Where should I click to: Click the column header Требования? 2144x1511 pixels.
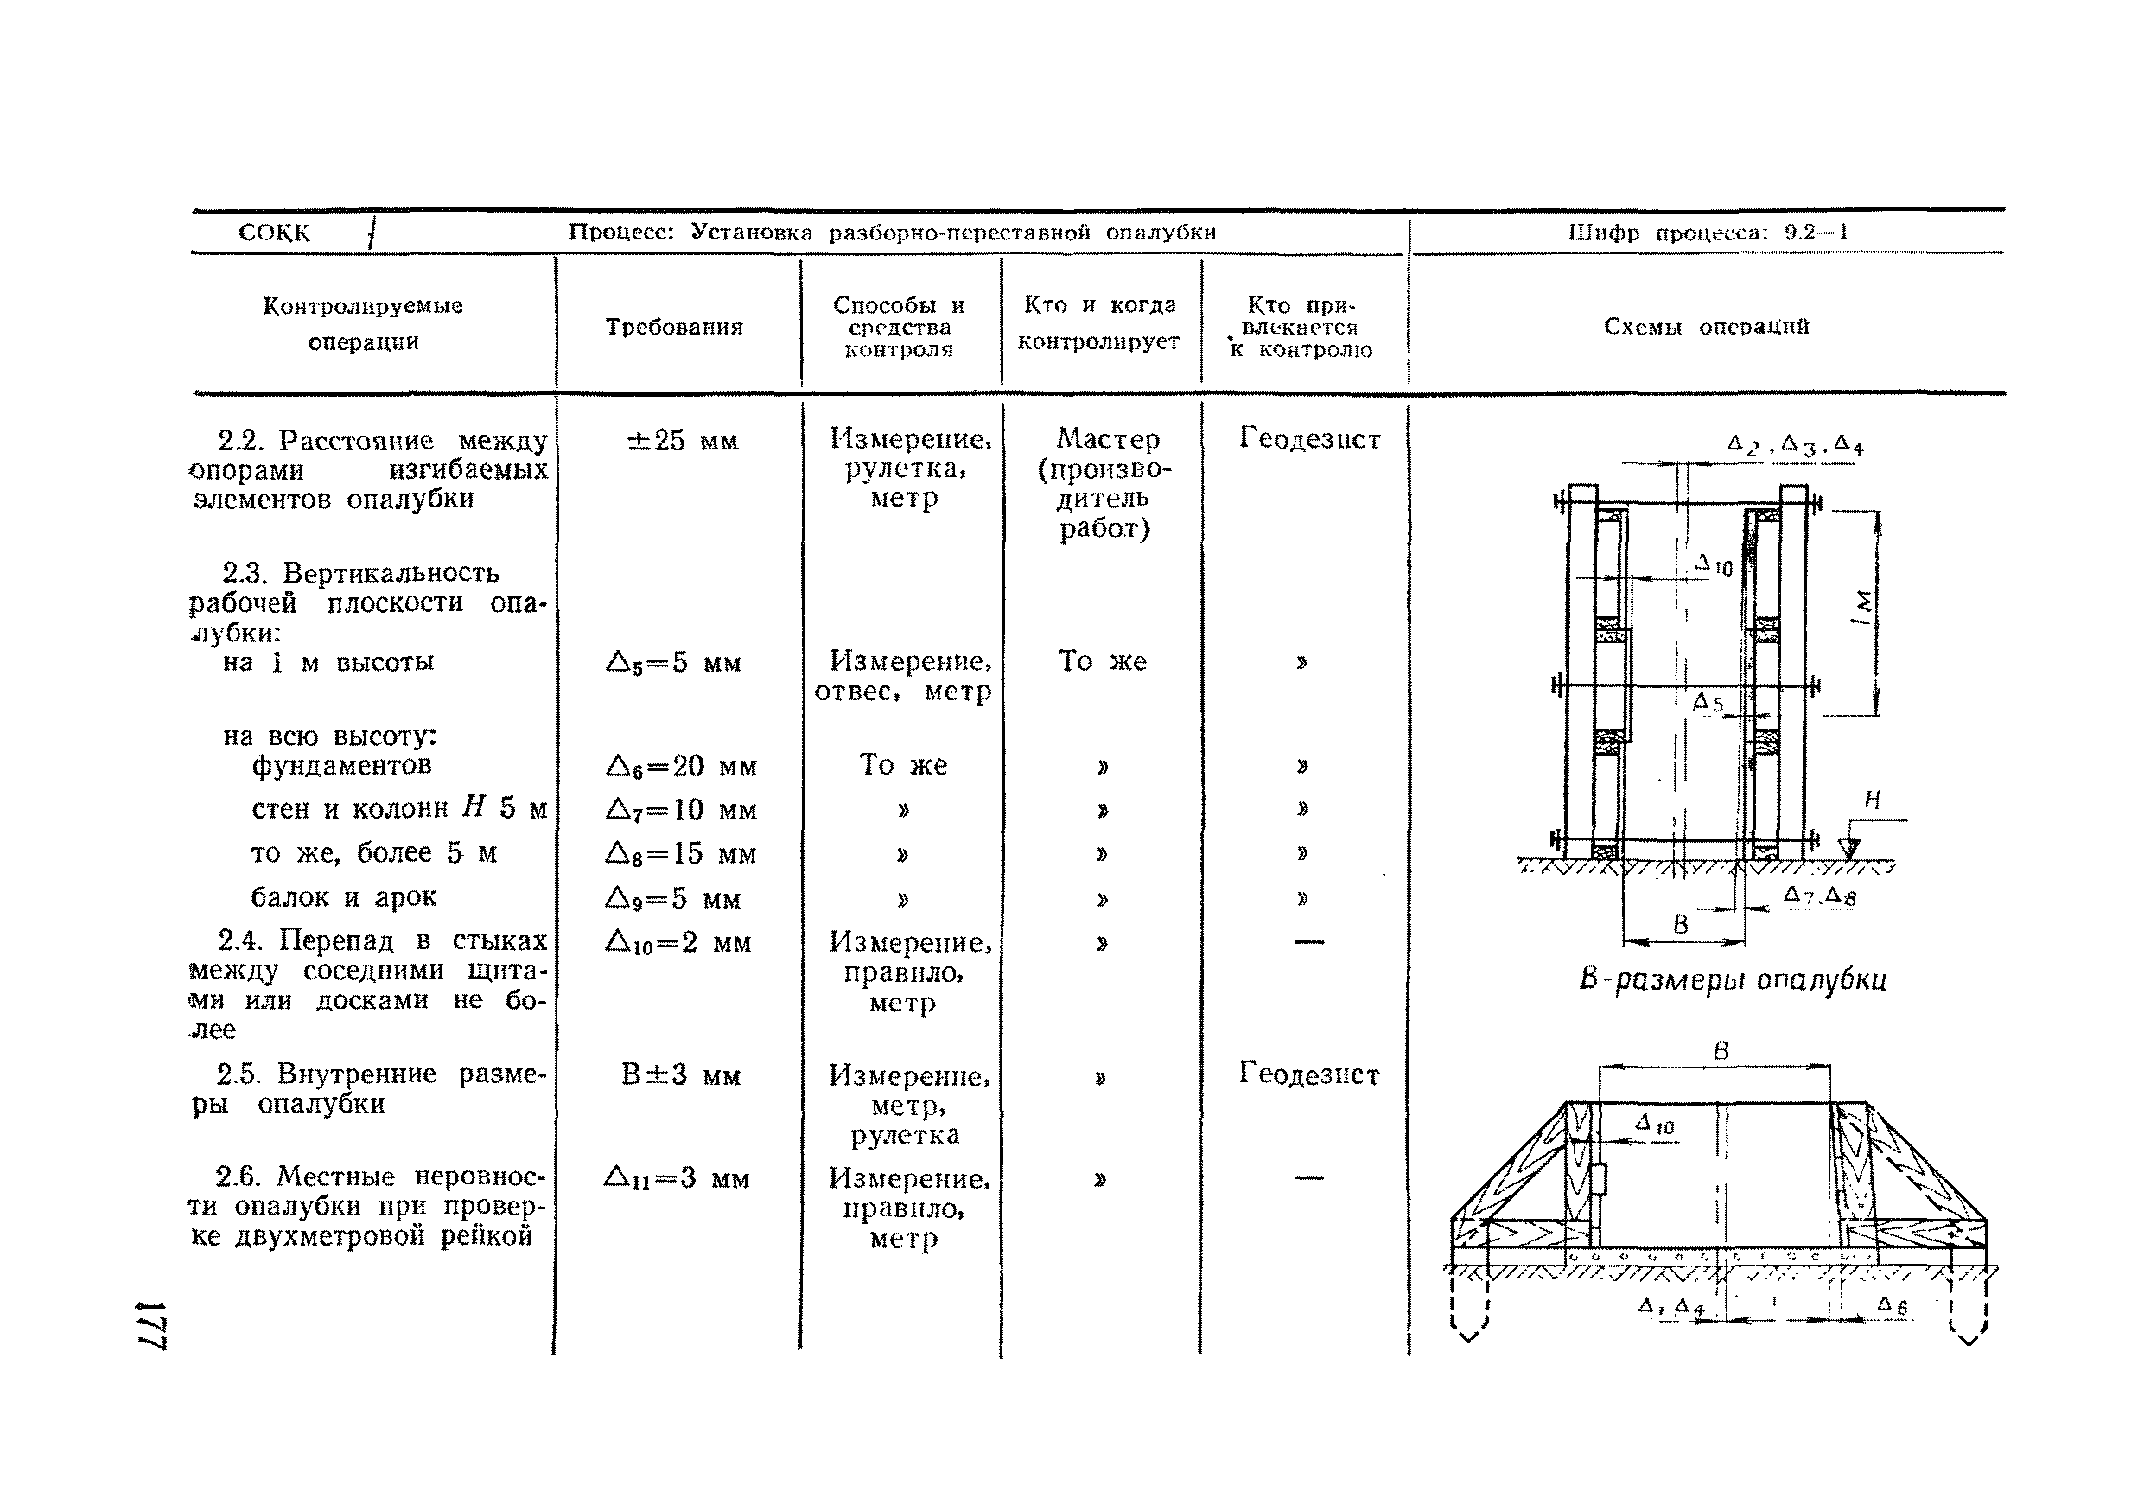673,327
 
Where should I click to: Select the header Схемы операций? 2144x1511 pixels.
1706,326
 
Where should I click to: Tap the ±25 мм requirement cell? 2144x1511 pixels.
683,440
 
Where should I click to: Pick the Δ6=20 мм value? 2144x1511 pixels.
681,767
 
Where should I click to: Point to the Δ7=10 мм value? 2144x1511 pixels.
681,810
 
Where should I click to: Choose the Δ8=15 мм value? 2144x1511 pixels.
681,853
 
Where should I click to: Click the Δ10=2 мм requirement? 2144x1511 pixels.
678,942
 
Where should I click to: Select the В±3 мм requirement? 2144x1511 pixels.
681,1074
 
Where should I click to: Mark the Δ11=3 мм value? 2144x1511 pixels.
677,1178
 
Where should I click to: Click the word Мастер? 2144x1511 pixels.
1108,438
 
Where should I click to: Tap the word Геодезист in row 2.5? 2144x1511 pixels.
1308,1074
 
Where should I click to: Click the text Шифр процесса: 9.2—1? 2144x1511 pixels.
1707,233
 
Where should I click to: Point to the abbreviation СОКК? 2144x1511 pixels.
274,233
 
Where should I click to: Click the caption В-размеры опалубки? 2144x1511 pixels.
1732,979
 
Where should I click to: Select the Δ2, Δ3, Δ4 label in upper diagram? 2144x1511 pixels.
1794,445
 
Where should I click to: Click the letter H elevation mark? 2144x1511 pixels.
1873,800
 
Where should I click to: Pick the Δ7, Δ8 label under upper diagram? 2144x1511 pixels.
1819,896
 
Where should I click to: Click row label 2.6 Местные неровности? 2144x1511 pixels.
367,1206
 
